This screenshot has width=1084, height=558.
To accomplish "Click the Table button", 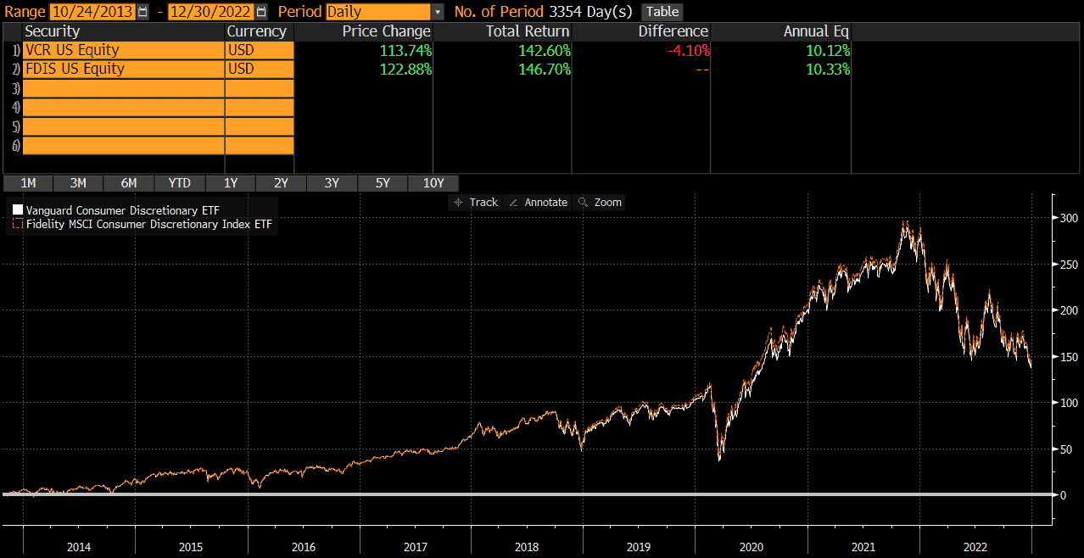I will pos(662,12).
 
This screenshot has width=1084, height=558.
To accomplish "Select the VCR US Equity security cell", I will pos(122,50).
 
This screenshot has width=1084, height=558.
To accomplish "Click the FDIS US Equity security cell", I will pos(122,69).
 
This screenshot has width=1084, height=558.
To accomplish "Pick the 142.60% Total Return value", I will pos(540,50).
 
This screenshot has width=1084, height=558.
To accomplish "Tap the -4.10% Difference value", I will pos(687,50).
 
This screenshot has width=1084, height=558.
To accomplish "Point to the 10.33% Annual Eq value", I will pos(828,69).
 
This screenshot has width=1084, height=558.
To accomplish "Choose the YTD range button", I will pos(179,183).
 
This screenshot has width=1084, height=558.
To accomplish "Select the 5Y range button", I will pos(383,183).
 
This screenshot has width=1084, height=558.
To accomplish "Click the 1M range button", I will pos(28,183).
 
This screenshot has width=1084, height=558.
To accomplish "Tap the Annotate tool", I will pos(539,203).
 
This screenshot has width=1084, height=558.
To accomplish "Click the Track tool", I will pos(477,203).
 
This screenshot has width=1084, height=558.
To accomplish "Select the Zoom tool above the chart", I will pos(600,203).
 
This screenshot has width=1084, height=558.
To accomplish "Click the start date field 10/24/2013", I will pos(92,12).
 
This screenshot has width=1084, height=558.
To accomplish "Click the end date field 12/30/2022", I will pos(211,12).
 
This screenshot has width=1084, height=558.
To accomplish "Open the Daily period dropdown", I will pos(384,12).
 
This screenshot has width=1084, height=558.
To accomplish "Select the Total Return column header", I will pos(528,31).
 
